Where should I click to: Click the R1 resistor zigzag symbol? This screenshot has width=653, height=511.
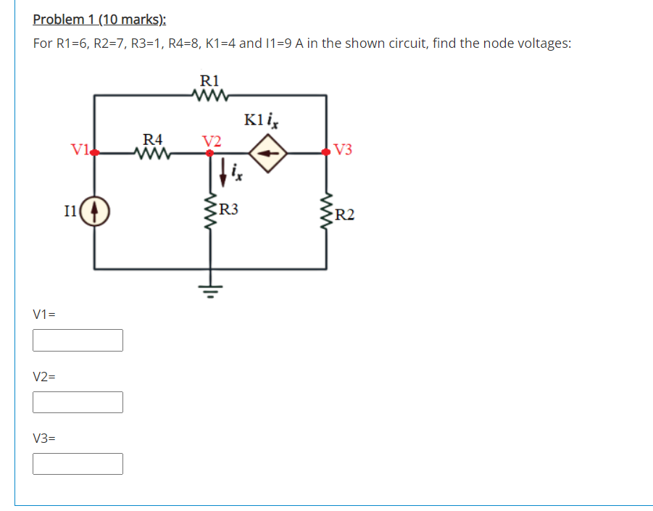tap(211, 94)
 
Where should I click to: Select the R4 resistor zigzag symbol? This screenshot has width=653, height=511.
tap(153, 153)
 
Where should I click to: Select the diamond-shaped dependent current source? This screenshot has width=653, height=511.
tap(268, 153)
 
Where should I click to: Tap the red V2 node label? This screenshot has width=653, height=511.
tap(212, 140)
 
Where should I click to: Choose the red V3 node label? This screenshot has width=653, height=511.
tap(344, 151)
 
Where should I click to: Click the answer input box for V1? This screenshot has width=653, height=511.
tap(78, 340)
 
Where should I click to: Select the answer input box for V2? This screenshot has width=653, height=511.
tap(78, 402)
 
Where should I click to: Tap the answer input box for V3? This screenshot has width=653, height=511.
tap(78, 463)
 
